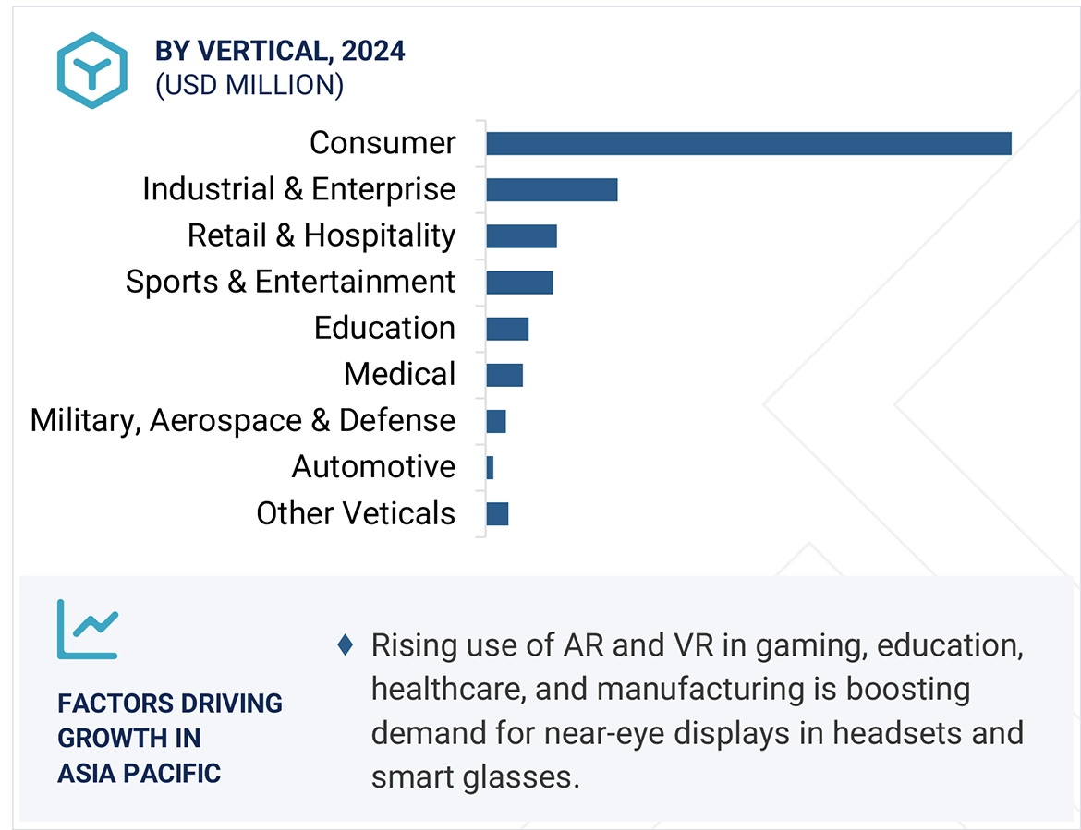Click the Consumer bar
tap(748, 143)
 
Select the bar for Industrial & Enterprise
tap(552, 189)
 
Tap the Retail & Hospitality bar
tap(521, 235)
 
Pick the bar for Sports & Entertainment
tap(519, 282)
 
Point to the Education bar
tap(507, 328)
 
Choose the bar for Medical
tap(504, 374)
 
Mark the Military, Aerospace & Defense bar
tap(496, 421)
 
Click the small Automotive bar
tap(490, 467)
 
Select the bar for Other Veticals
tap(497, 513)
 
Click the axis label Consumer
tap(383, 143)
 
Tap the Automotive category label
tap(373, 467)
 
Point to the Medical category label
tap(399, 374)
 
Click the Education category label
tap(384, 328)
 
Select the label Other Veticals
tap(356, 513)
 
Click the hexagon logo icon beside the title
tap(91, 70)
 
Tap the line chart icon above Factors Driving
tap(87, 629)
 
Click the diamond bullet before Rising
tap(345, 644)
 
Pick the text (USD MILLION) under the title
tap(249, 85)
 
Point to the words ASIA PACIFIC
tap(139, 773)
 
